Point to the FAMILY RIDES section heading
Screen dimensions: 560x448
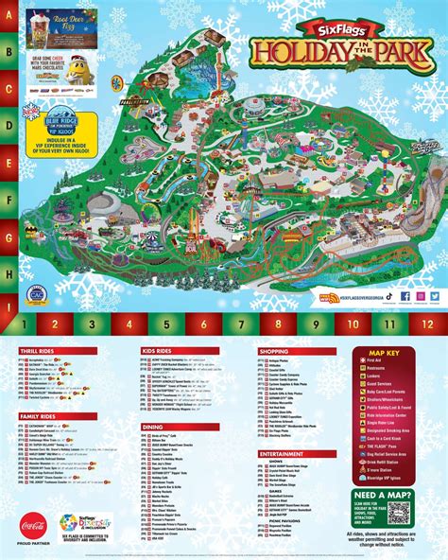point(43,415)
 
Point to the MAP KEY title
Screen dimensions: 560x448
point(388,352)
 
